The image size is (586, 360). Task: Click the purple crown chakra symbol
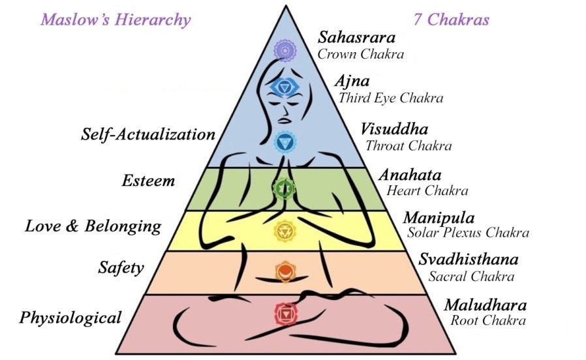tap(285, 50)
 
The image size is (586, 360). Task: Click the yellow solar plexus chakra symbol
tap(285, 230)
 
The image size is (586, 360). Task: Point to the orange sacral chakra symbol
tap(285, 271)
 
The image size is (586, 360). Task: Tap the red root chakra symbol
tap(286, 314)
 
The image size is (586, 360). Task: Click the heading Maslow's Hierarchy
tap(116, 20)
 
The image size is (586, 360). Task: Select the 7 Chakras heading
tap(451, 20)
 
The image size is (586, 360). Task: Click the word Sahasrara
tap(356, 37)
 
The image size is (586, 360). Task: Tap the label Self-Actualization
tap(148, 134)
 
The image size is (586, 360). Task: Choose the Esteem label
tap(148, 181)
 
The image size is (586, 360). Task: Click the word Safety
tap(121, 268)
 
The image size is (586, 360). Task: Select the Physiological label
tap(70, 318)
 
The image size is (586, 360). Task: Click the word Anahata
tap(410, 175)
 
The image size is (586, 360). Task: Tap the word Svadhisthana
tap(469, 259)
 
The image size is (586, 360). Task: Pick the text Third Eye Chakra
tap(391, 98)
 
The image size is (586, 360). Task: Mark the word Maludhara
tap(486, 305)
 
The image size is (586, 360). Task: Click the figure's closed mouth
tap(285, 120)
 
